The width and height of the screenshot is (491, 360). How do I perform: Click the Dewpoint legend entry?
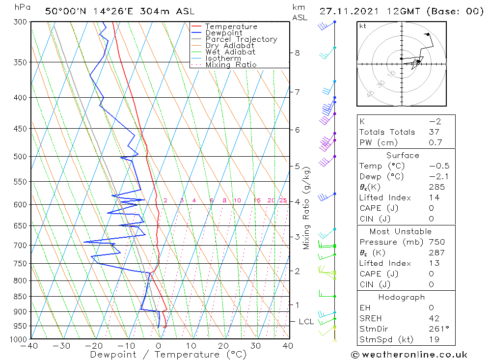pos(223,33)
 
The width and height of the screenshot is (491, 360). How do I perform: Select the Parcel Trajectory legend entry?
pos(241,39)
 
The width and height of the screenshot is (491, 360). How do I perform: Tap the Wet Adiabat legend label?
pos(230,52)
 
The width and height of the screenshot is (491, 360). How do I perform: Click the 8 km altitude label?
pos(297,53)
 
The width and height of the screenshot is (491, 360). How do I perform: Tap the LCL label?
pos(306,322)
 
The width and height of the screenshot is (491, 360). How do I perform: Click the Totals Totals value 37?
pos(434,132)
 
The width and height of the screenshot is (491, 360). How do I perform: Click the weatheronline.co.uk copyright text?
pos(409,355)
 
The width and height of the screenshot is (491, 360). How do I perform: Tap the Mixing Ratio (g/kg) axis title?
pos(307,208)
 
